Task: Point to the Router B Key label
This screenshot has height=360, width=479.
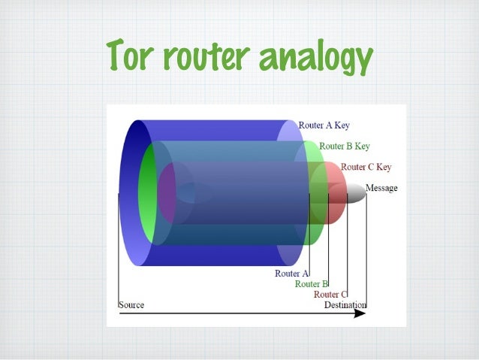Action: (x=344, y=146)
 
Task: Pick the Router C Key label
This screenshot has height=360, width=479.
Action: (x=366, y=167)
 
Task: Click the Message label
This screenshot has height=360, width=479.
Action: (x=381, y=188)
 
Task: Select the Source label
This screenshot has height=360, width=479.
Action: (x=131, y=305)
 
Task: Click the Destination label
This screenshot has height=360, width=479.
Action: (x=345, y=305)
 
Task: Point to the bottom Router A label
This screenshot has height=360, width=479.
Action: (x=291, y=274)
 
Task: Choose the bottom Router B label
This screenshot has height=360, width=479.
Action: (x=312, y=284)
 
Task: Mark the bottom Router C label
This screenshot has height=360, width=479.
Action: (x=330, y=295)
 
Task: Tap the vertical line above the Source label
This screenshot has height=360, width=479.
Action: (x=119, y=248)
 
